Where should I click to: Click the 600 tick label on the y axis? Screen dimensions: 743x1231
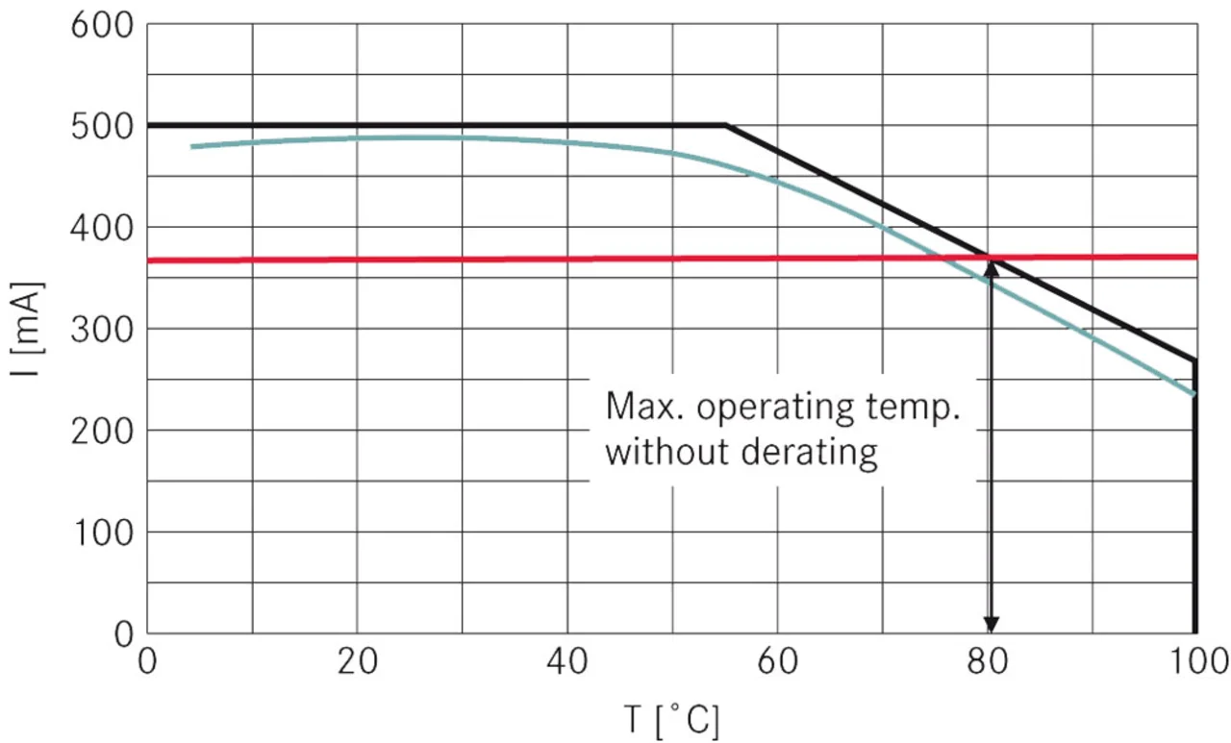click(100, 25)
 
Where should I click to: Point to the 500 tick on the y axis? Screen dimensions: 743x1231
click(100, 127)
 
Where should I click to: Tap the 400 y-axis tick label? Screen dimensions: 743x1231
click(100, 228)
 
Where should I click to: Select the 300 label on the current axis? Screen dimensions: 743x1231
click(100, 330)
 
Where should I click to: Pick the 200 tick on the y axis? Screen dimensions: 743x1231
click(100, 431)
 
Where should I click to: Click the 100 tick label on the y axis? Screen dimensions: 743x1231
click(100, 532)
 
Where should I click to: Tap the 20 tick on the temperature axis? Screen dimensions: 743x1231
click(357, 662)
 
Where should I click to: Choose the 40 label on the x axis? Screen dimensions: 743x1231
click(567, 662)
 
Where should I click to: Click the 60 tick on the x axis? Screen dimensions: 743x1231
click(777, 662)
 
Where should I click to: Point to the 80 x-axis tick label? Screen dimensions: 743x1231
click(988, 662)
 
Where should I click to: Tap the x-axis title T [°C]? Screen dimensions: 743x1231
click(673, 720)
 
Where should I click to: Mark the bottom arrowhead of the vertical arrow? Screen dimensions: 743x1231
click(991, 625)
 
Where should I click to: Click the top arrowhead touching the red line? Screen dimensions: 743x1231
click(991, 266)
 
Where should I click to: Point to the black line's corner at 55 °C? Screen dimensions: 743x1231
click(726, 125)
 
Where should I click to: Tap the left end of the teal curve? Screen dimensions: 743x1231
click(192, 146)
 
